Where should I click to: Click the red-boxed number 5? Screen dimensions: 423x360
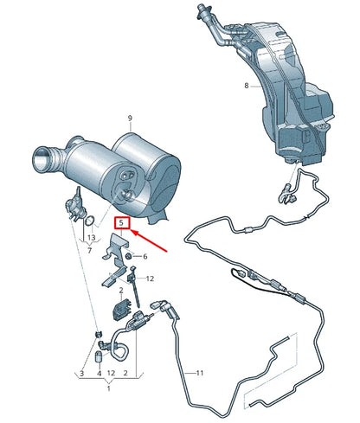pos(122,223)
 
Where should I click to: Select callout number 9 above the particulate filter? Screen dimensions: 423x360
pos(130,118)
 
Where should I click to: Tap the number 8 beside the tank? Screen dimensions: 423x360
pos(246,86)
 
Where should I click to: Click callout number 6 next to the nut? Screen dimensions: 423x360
pos(145,256)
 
